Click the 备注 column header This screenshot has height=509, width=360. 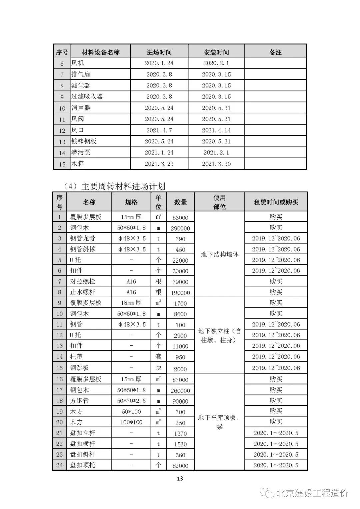pyautogui.click(x=275, y=52)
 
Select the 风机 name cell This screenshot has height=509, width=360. pyautogui.click(x=78, y=63)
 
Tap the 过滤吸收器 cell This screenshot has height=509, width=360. pyautogui.click(x=87, y=97)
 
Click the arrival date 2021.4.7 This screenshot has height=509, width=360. pyautogui.click(x=159, y=130)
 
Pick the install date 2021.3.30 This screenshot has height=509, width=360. pyautogui.click(x=216, y=164)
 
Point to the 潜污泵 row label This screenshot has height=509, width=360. pyautogui.click(x=81, y=153)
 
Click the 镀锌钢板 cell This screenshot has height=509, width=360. pyautogui.click(x=84, y=141)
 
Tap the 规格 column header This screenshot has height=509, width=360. pyautogui.click(x=131, y=202)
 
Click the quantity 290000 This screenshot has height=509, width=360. pyautogui.click(x=180, y=228)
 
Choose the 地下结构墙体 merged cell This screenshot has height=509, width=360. pyautogui.click(x=220, y=254)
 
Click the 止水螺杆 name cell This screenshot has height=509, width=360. pyautogui.click(x=82, y=292)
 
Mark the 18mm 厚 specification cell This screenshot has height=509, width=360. pyautogui.click(x=131, y=303)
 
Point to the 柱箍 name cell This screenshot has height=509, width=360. pyautogui.click(x=76, y=357)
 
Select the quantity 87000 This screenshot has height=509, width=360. pyautogui.click(x=180, y=380)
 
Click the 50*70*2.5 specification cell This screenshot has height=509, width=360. pyautogui.click(x=131, y=401)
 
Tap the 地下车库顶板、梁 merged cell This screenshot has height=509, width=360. pyautogui.click(x=220, y=422)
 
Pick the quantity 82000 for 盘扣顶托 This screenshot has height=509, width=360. pyautogui.click(x=180, y=465)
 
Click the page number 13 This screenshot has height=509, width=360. pyautogui.click(x=180, y=479)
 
